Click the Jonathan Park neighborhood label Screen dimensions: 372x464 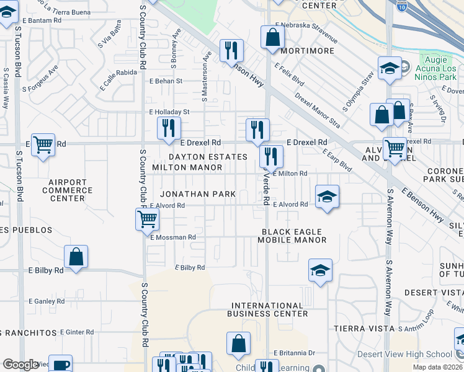(x=198, y=194)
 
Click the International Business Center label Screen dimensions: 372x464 (x=269, y=309)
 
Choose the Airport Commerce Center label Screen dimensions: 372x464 (x=67, y=190)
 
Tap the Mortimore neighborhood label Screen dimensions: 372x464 (x=303, y=51)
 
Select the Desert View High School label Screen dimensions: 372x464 (x=404, y=355)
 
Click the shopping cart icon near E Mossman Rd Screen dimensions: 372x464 (x=148, y=218)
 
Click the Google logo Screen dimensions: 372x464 (x=20, y=365)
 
